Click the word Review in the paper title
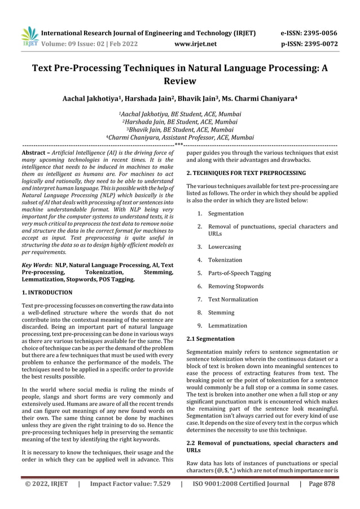(179, 82)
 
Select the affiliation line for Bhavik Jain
(179, 129)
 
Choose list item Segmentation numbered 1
(226, 214)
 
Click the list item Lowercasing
(224, 247)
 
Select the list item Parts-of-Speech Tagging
(238, 273)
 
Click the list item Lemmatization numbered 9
(227, 326)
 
